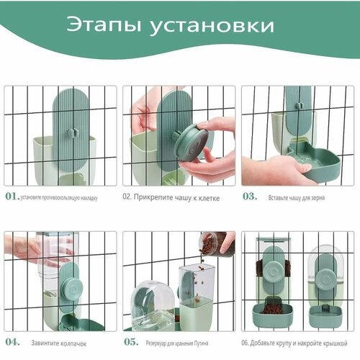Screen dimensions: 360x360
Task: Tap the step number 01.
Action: (x=12, y=195)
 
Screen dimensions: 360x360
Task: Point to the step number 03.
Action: (x=249, y=195)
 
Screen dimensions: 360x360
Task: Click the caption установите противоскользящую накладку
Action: (x=59, y=196)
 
